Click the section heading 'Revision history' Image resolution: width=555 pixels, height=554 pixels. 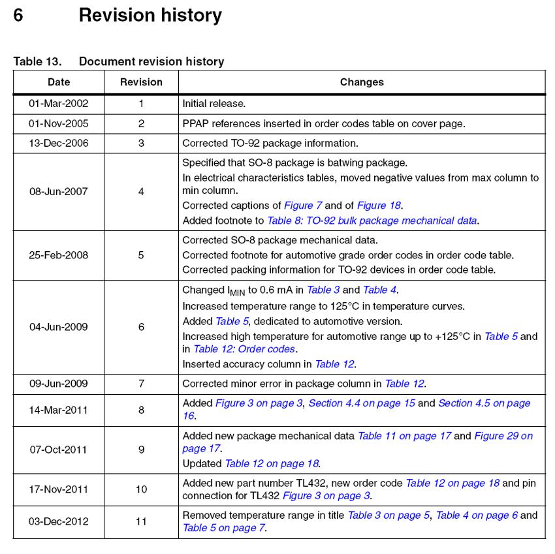click(x=150, y=15)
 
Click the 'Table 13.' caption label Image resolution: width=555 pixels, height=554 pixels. click(x=37, y=61)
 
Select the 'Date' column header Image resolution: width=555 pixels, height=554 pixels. click(x=59, y=82)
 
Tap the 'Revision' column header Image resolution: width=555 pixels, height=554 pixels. click(x=141, y=82)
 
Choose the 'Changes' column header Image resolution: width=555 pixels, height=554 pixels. click(x=362, y=82)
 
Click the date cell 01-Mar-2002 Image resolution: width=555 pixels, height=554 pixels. click(x=59, y=103)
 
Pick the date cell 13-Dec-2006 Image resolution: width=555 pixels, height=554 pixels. click(x=59, y=143)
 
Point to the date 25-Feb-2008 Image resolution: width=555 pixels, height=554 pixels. click(x=59, y=255)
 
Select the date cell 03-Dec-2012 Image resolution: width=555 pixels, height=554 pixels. click(x=59, y=521)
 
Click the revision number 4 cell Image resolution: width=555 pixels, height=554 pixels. click(x=141, y=192)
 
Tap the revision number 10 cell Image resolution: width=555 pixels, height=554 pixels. click(x=141, y=489)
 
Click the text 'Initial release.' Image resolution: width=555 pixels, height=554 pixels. click(x=214, y=103)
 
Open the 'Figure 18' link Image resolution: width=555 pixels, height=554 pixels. click(x=379, y=206)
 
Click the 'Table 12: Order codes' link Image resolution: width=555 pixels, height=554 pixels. click(x=244, y=349)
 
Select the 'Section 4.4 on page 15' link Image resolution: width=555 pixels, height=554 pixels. click(x=362, y=403)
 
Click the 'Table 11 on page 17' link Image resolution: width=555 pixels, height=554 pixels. click(x=404, y=436)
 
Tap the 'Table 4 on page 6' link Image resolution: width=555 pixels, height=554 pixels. click(x=477, y=516)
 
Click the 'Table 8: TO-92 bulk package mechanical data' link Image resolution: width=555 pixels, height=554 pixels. click(x=372, y=221)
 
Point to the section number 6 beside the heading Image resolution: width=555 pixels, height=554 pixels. click(x=18, y=15)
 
